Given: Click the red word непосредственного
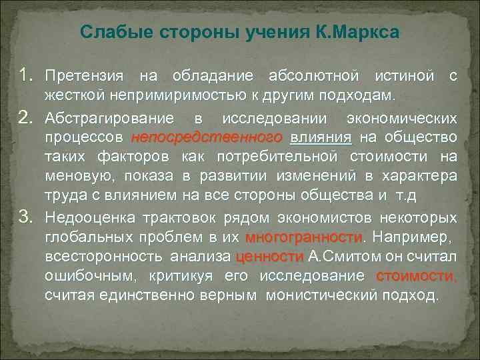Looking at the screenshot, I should pyautogui.click(x=207, y=138).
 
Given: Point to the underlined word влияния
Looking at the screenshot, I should pyautogui.click(x=321, y=138).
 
